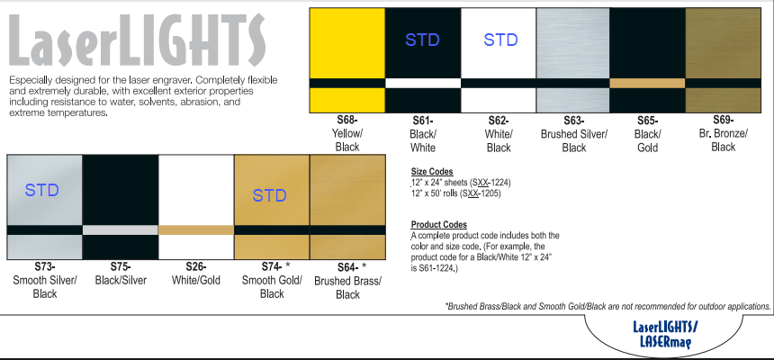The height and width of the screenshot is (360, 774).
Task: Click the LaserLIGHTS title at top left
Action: [x=137, y=40]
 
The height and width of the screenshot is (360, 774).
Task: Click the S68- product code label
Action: [x=347, y=120]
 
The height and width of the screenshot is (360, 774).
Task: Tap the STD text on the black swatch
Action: [x=422, y=40]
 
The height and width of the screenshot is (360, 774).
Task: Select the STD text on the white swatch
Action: [x=500, y=40]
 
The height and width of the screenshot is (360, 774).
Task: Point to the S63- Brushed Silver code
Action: [x=574, y=121]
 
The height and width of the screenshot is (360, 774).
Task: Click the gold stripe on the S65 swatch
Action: [x=647, y=83]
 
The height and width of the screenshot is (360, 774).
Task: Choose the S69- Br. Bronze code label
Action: [x=724, y=120]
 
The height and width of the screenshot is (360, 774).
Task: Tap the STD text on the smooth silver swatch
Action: [x=42, y=190]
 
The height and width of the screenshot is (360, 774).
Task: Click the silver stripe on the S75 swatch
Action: [x=121, y=230]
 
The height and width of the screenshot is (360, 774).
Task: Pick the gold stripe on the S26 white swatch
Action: [x=196, y=230]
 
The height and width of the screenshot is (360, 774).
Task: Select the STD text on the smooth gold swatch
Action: [x=269, y=195]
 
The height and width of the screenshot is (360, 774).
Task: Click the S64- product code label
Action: [x=347, y=267]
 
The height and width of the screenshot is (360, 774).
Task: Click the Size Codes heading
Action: [x=432, y=172]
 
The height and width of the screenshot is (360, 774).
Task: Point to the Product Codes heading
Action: [x=439, y=225]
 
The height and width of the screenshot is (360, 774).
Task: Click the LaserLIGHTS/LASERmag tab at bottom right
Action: [x=665, y=334]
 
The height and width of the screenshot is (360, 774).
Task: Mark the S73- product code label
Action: [x=44, y=267]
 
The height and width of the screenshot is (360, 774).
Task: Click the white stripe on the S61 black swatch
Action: [x=422, y=83]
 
